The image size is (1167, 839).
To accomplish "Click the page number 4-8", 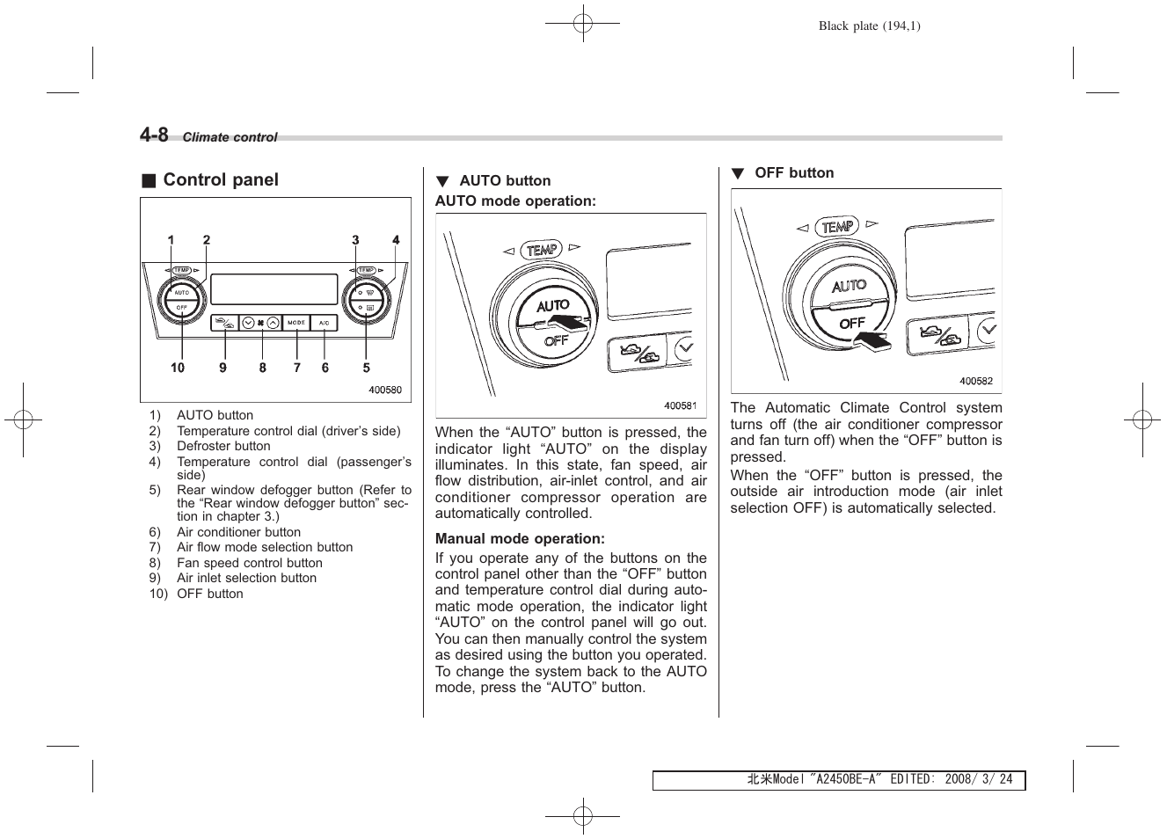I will pos(154,135).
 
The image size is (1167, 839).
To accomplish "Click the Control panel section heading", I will pos(220,180).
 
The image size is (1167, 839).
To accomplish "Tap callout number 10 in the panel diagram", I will pos(178,368).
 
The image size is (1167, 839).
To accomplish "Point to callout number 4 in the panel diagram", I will pos(396,240).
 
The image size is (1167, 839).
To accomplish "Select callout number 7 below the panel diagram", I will pos(297,368).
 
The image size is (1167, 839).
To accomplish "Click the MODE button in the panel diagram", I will pos(297,323).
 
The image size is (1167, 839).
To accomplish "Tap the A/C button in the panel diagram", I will pos(324,323).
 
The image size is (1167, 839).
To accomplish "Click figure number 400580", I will pos(384,390).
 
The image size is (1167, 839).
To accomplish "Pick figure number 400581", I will pos(680,405).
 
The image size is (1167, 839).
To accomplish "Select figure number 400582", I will pos(975,381).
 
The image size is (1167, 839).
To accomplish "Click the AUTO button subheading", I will pos(504,181).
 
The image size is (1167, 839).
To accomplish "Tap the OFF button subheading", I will pos(793,173).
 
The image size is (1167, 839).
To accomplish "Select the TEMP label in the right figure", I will pos(836,227).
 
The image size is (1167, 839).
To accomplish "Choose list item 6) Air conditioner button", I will pos(238,532).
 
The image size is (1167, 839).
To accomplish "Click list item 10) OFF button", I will pos(209,594).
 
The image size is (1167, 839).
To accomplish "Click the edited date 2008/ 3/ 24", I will pos(978,780).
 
